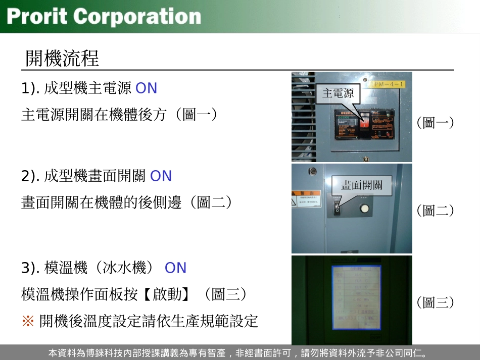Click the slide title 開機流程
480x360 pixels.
pyautogui.click(x=62, y=59)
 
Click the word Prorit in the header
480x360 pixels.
pyautogui.click(x=37, y=16)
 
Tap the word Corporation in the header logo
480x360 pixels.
pyautogui.click(x=137, y=16)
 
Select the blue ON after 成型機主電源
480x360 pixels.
pyautogui.click(x=147, y=88)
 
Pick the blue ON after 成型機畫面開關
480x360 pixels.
pyautogui.click(x=161, y=176)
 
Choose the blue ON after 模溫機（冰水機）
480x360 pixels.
pyautogui.click(x=175, y=268)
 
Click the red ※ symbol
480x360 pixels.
pyautogui.click(x=28, y=321)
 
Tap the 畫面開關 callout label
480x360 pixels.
pyautogui.click(x=361, y=185)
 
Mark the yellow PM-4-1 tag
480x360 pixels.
pyautogui.click(x=387, y=84)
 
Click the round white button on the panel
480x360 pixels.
pyautogui.click(x=363, y=209)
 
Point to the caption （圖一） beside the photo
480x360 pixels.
pyautogui.click(x=435, y=123)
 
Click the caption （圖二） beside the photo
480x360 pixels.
pyautogui.click(x=435, y=211)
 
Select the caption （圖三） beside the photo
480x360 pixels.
pyautogui.click(x=435, y=302)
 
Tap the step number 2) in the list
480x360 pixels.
pyautogui.click(x=30, y=176)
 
